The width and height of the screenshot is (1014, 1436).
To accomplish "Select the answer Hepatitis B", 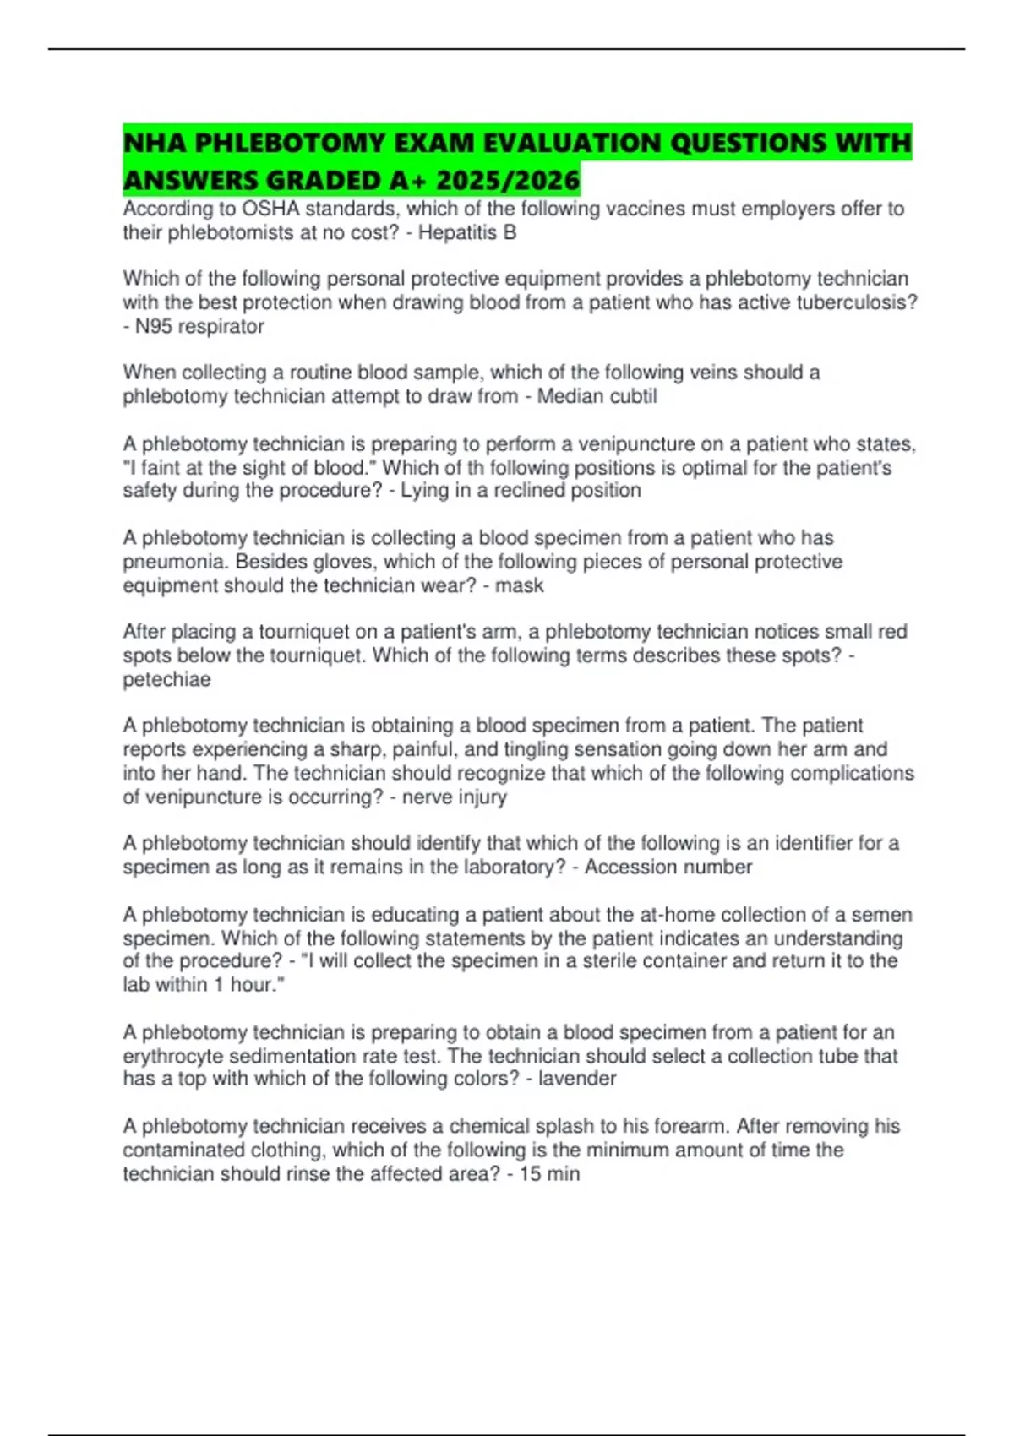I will coord(467,232).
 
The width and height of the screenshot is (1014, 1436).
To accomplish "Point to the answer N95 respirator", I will coord(199,326).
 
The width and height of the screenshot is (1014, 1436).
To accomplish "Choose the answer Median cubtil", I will coord(597,396).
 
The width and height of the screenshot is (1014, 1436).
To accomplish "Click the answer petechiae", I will coord(166,679).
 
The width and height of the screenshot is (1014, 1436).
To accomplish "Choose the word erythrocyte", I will coord(173,1056).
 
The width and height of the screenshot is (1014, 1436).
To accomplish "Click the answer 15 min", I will coord(549,1173).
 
